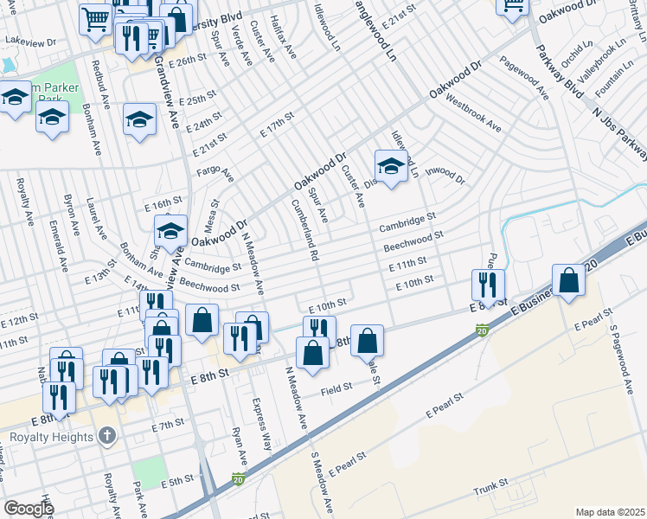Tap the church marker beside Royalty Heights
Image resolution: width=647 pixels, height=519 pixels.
tap(106, 435)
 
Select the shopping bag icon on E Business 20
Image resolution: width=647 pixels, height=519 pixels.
tap(568, 281)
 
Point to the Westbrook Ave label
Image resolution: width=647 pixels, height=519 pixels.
tap(473, 113)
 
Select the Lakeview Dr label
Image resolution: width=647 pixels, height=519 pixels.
tap(31, 41)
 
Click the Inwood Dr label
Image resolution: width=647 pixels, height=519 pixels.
tap(445, 176)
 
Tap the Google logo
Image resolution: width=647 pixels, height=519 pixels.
tap(28, 508)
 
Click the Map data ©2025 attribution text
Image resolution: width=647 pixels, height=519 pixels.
tap(610, 512)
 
